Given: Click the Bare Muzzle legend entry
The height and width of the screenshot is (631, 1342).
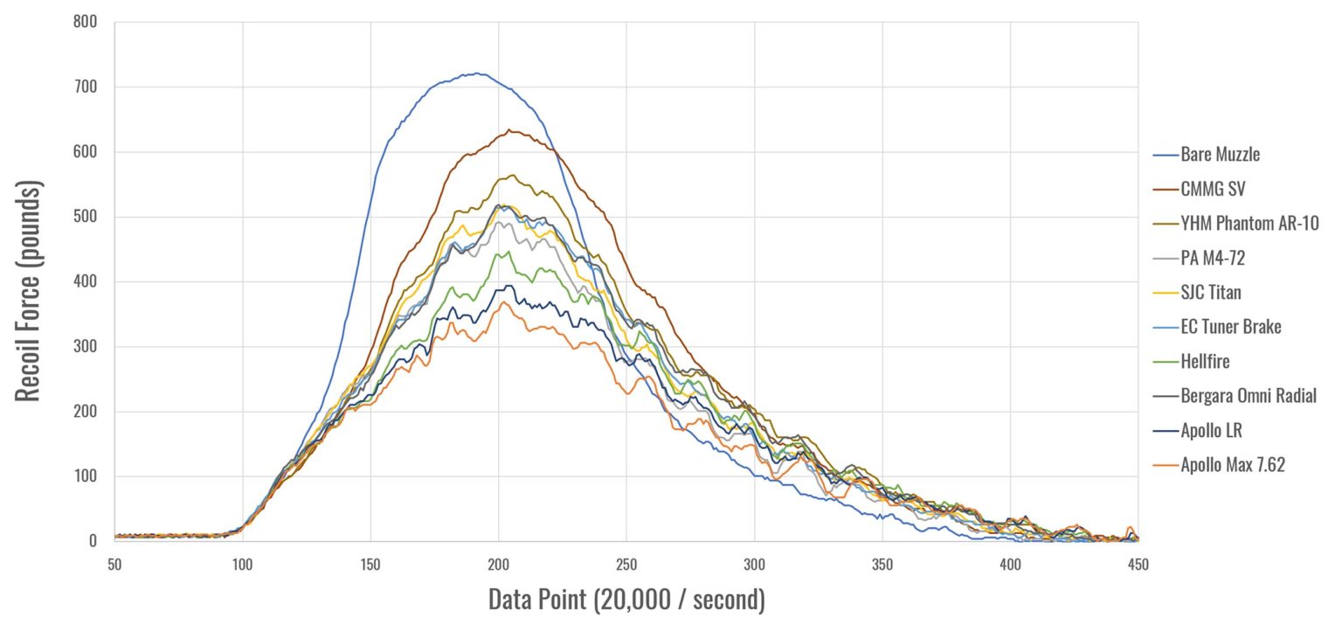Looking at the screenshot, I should pyautogui.click(x=1220, y=155).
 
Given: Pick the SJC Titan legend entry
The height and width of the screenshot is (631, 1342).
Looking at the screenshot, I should pyautogui.click(x=1210, y=293).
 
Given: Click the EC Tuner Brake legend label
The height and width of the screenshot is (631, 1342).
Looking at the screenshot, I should pyautogui.click(x=1230, y=327).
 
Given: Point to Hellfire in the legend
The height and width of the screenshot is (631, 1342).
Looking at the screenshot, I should pyautogui.click(x=1205, y=362).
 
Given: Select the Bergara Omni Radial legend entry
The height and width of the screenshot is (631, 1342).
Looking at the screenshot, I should pyautogui.click(x=1248, y=396).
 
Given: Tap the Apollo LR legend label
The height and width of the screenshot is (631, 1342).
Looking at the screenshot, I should pyautogui.click(x=1211, y=431).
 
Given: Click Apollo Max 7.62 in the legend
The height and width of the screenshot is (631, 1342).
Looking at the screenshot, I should pyautogui.click(x=1232, y=465).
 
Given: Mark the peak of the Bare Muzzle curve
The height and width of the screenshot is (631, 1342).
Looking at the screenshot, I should pyautogui.click(x=476, y=73).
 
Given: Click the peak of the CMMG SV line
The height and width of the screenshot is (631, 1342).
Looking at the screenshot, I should pyautogui.click(x=508, y=130).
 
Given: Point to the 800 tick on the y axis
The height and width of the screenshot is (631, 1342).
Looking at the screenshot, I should pyautogui.click(x=86, y=22).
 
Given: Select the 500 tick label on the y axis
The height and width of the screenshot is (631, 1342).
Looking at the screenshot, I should pyautogui.click(x=86, y=217).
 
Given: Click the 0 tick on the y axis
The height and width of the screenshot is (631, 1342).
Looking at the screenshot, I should pyautogui.click(x=93, y=541).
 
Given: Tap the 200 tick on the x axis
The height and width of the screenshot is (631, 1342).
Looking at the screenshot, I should pyautogui.click(x=499, y=565).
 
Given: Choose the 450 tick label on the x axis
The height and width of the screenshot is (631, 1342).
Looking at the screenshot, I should pyautogui.click(x=1138, y=565).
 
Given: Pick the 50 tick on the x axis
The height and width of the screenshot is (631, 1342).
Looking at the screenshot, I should pyautogui.click(x=114, y=565).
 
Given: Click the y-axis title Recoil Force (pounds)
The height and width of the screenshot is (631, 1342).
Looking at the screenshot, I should pyautogui.click(x=29, y=292).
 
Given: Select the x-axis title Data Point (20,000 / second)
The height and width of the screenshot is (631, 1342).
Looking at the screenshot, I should pyautogui.click(x=626, y=600).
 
